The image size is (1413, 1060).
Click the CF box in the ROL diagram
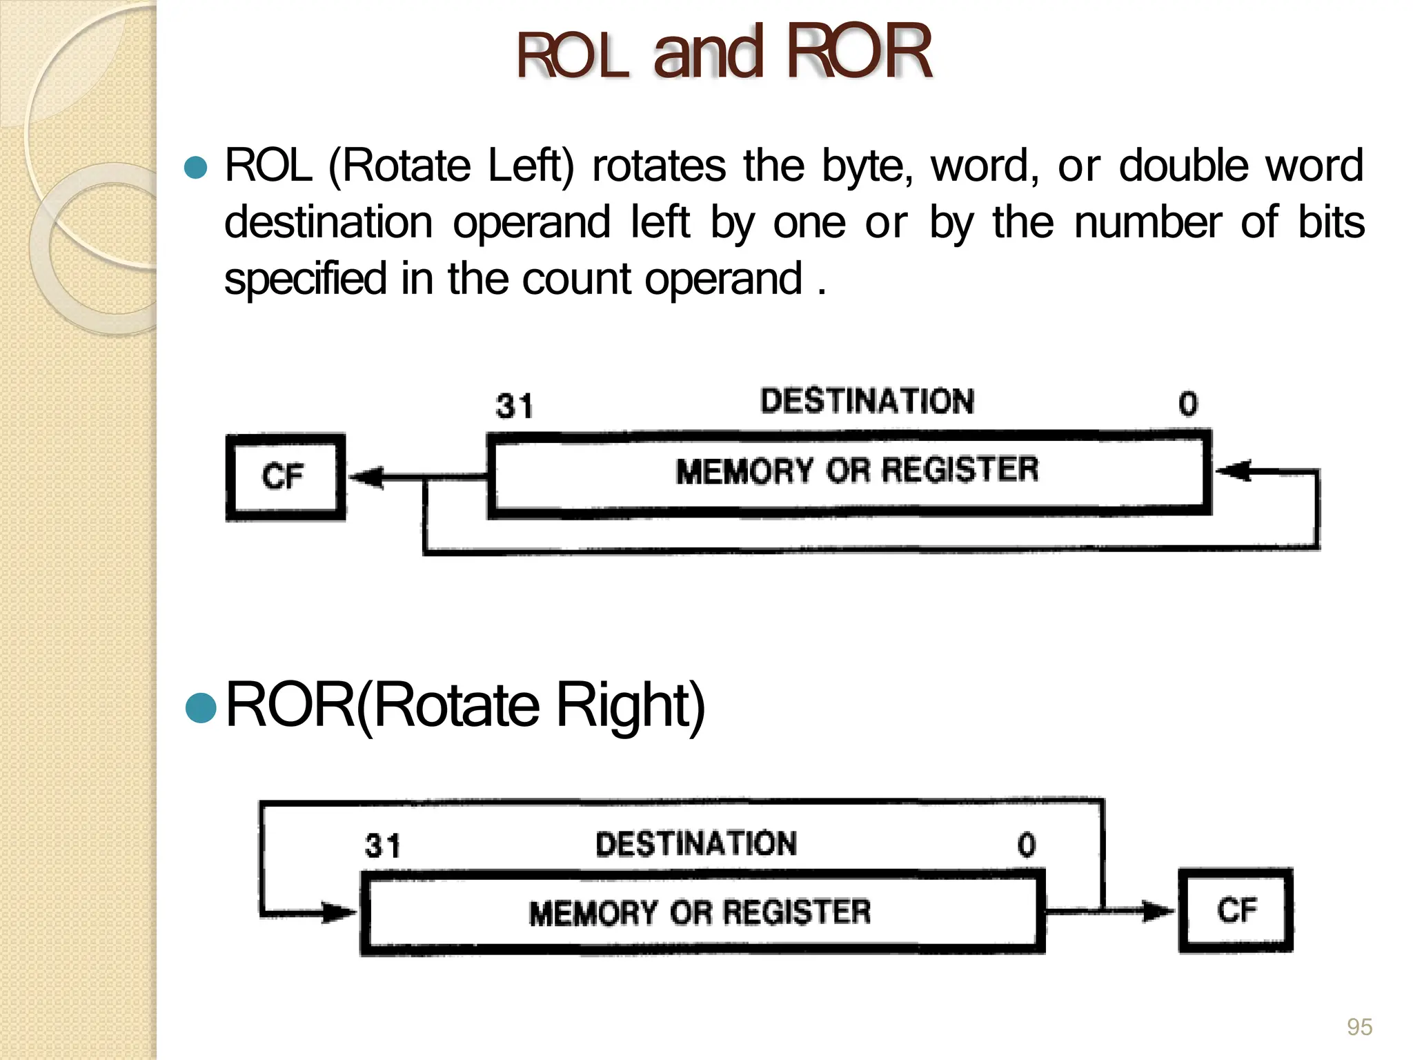click(285, 477)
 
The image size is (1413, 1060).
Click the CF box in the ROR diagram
click(1236, 910)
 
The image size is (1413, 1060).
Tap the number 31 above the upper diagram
click(514, 406)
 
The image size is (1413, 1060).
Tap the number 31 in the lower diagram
click(382, 845)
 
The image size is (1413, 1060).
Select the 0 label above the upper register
click(1188, 404)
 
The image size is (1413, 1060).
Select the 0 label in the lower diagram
click(1027, 845)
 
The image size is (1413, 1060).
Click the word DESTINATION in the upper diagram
click(867, 401)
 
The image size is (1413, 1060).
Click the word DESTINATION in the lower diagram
click(696, 844)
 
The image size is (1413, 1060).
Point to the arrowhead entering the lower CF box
click(1156, 911)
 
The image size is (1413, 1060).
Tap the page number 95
click(1359, 1027)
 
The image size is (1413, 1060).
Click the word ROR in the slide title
click(858, 52)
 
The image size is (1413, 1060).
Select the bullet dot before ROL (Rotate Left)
click(197, 168)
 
